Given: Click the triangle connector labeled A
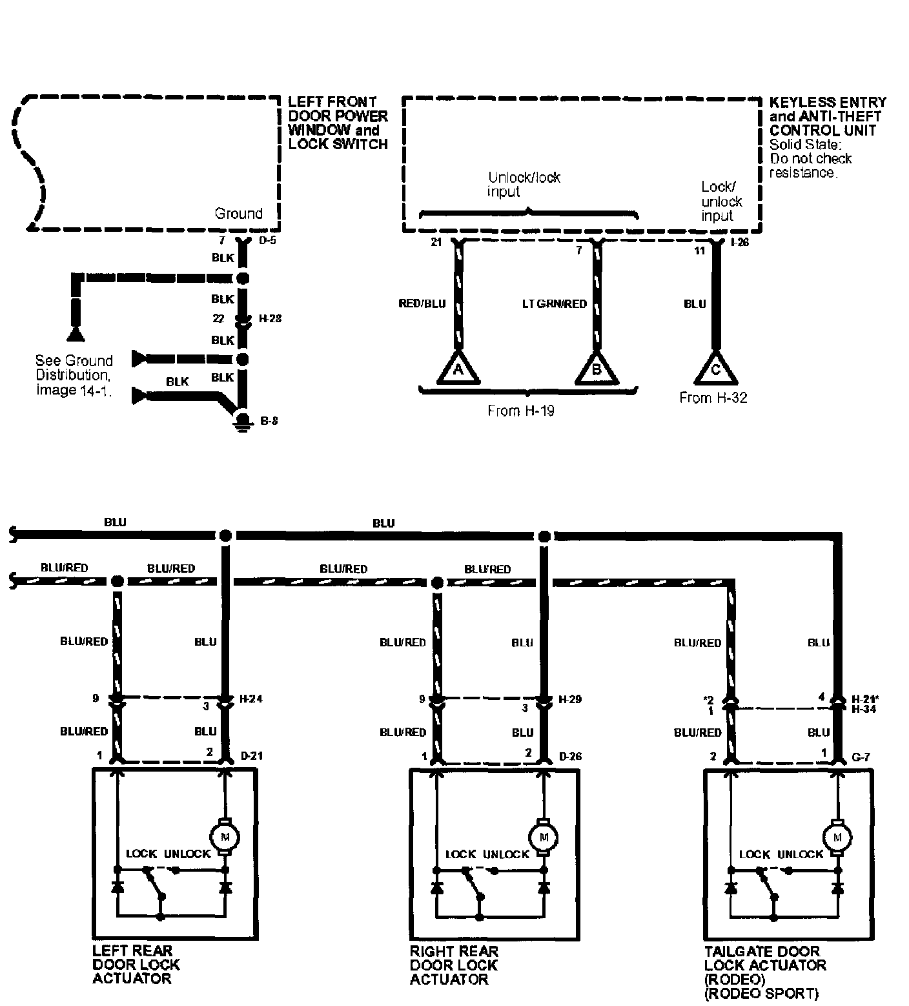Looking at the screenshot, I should point(458,369).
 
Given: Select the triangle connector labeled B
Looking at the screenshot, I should point(597,369).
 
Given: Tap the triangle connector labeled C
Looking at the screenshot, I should point(715,369).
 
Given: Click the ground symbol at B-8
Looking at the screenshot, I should point(243,420).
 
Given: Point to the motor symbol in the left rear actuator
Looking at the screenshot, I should point(225,837).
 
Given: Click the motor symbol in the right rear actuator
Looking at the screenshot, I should point(544,837).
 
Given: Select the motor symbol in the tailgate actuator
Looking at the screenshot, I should point(838,837).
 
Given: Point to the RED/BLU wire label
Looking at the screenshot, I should point(422,303).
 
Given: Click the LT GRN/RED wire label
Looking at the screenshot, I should point(555,303).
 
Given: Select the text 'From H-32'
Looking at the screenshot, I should point(713,398).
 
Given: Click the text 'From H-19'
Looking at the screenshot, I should point(520,410).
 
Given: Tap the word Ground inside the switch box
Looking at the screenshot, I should point(238,213).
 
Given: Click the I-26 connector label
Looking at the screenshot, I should point(740,243).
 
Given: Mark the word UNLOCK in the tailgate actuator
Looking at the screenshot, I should point(801,854).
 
